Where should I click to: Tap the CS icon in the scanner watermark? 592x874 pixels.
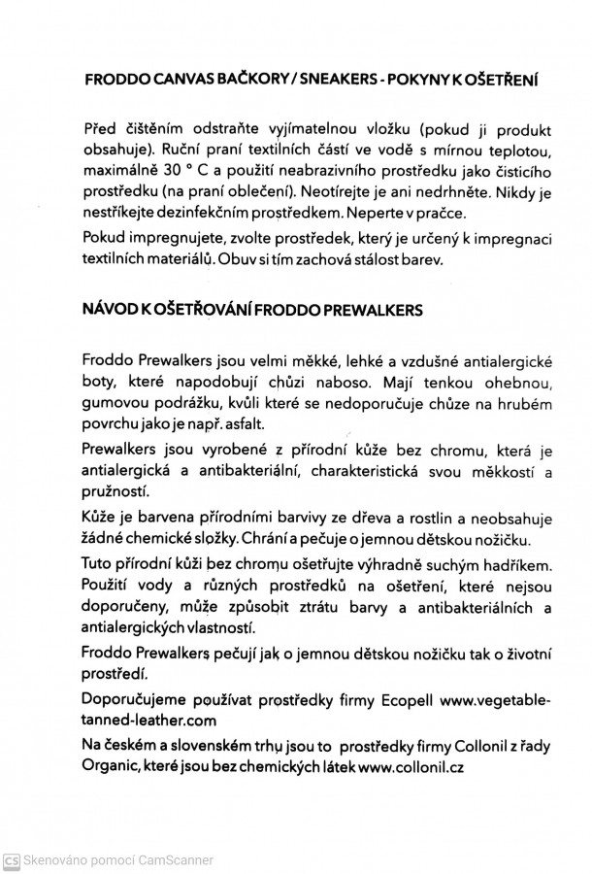point(12,860)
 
